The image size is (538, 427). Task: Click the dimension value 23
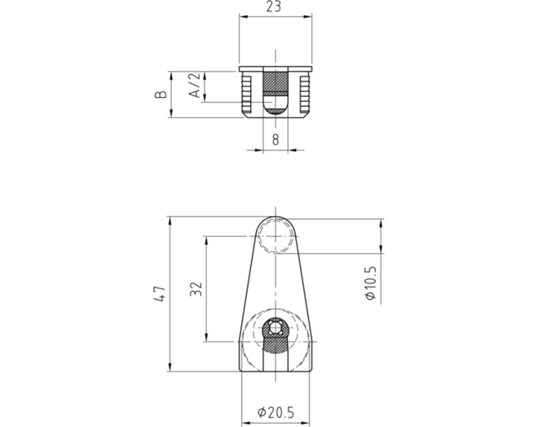click(274, 7)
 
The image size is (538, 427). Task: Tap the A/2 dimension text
click(195, 85)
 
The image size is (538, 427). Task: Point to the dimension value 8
click(276, 139)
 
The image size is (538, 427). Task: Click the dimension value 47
click(160, 293)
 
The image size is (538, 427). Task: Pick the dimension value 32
click(196, 288)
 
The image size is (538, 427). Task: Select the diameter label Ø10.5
click(371, 284)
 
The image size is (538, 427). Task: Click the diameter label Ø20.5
click(276, 412)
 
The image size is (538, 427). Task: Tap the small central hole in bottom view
click(276, 328)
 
